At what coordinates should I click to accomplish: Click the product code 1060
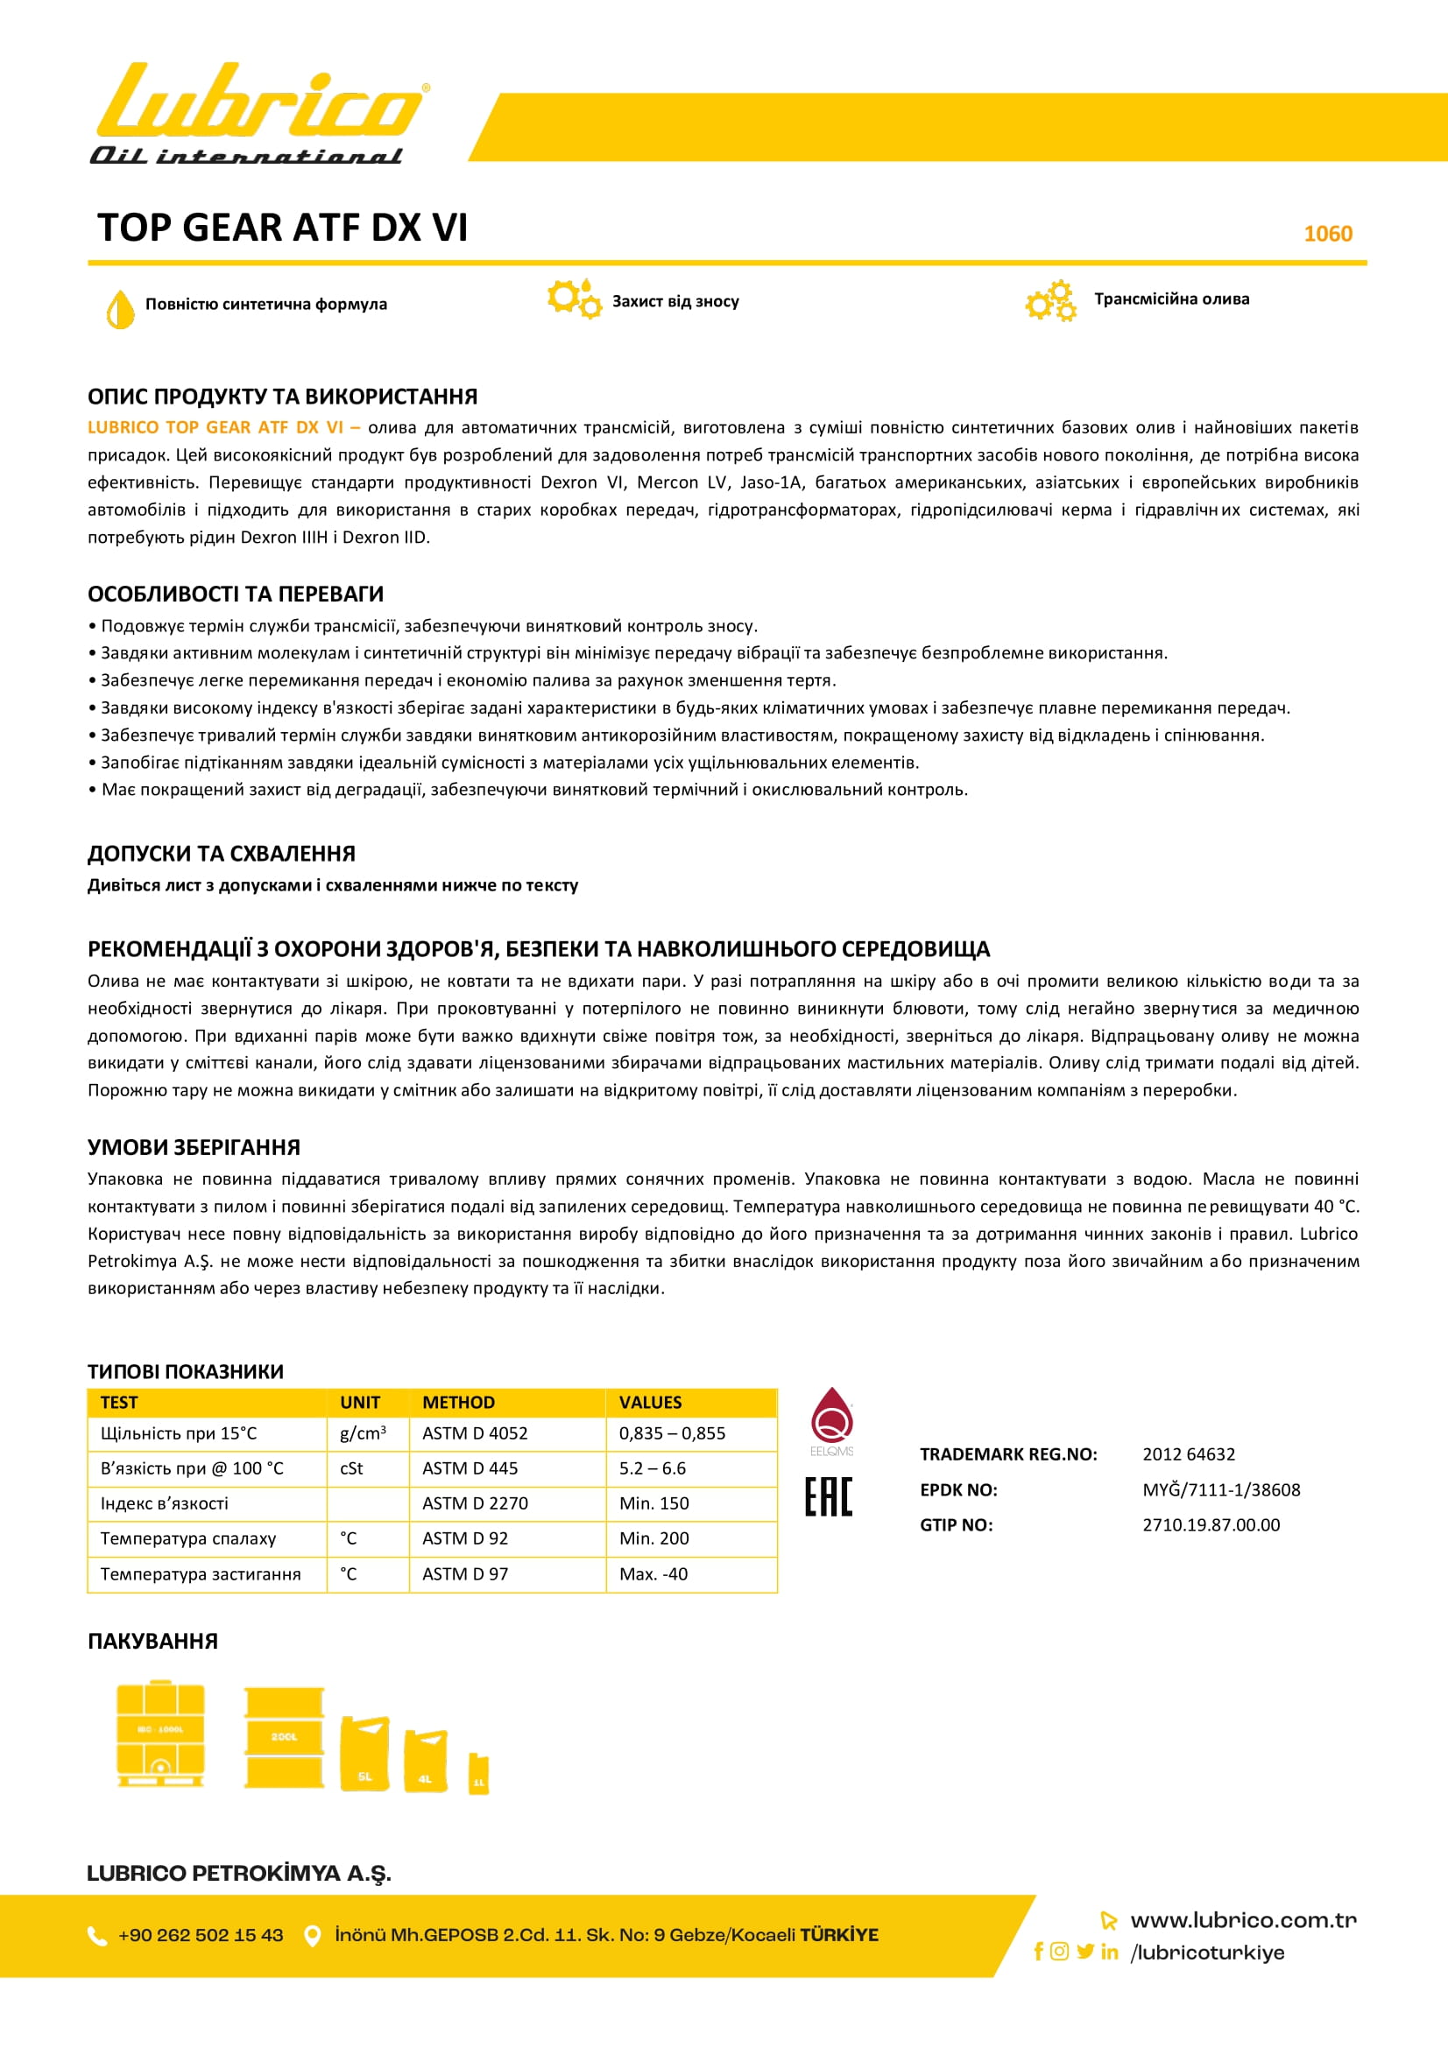1328,234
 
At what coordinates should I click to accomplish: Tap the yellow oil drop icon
119,308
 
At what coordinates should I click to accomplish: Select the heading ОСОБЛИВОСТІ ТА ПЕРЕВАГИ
236,594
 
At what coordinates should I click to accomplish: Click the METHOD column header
459,1402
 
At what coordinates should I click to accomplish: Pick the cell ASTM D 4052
475,1433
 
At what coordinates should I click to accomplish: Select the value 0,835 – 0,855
672,1433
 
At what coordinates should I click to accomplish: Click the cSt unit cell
351,1468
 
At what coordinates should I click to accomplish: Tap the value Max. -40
653,1573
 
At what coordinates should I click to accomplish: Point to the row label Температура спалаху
188,1538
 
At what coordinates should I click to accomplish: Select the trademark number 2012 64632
1189,1454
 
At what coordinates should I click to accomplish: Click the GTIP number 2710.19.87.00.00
1211,1524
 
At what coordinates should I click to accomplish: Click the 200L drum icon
284,1736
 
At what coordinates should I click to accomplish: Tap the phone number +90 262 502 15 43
201,1935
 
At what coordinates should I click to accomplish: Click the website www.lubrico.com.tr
1243,1919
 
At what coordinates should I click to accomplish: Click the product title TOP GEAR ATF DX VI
282,228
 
